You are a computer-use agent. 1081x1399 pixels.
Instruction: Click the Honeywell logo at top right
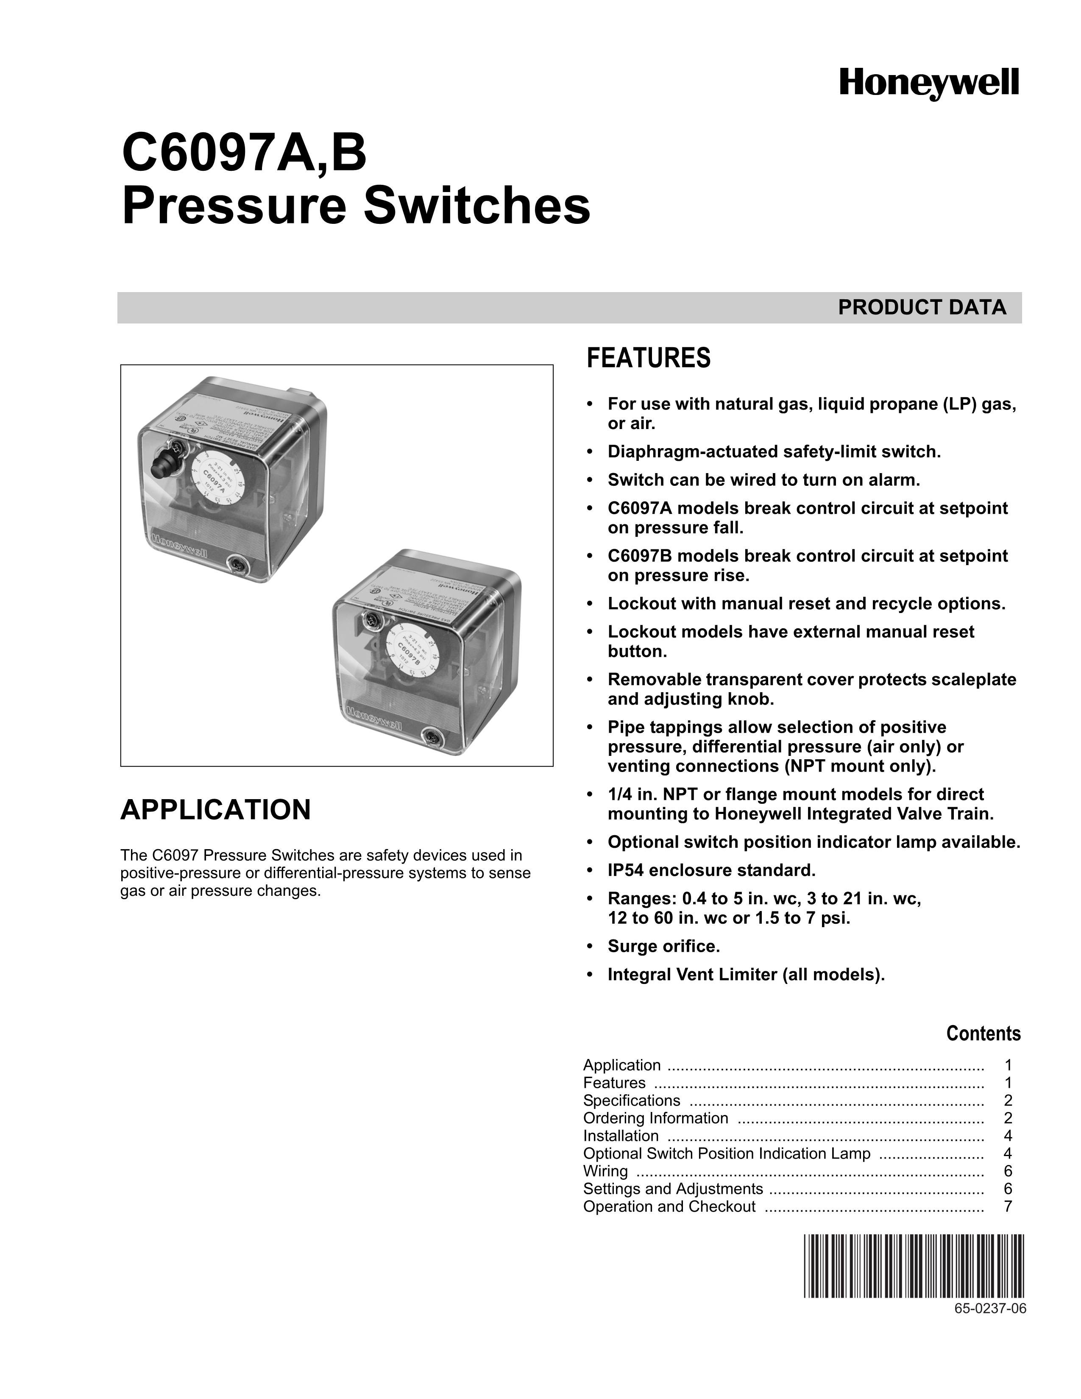pyautogui.click(x=928, y=85)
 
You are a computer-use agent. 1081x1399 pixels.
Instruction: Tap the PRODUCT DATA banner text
pyautogui.click(x=922, y=307)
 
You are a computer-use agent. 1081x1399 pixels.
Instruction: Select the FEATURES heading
pyautogui.click(x=648, y=358)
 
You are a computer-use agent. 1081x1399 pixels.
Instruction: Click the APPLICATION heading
pyautogui.click(x=215, y=810)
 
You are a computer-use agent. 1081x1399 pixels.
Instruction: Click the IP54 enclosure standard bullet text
pyautogui.click(x=711, y=870)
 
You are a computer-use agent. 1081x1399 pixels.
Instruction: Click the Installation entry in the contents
pyautogui.click(x=621, y=1136)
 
